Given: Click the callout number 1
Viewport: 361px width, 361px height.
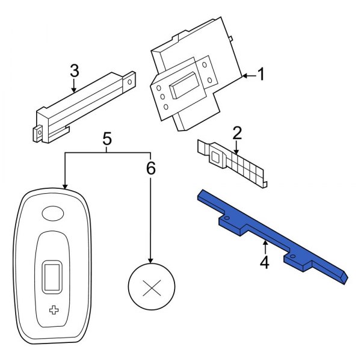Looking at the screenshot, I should pyautogui.click(x=262, y=75).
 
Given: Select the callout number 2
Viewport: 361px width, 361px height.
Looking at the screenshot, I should pyautogui.click(x=237, y=132).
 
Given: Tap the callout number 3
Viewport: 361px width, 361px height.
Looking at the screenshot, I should pyautogui.click(x=74, y=71).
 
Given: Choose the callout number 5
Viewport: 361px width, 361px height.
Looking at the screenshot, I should pyautogui.click(x=107, y=138).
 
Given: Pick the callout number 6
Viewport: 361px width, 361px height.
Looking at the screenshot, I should pyautogui.click(x=150, y=168).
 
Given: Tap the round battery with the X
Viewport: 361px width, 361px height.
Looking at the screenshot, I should pyautogui.click(x=150, y=286).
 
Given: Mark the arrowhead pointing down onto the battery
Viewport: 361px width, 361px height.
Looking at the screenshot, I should pyautogui.click(x=150, y=260).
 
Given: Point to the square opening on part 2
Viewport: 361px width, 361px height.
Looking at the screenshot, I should pyautogui.click(x=214, y=158).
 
